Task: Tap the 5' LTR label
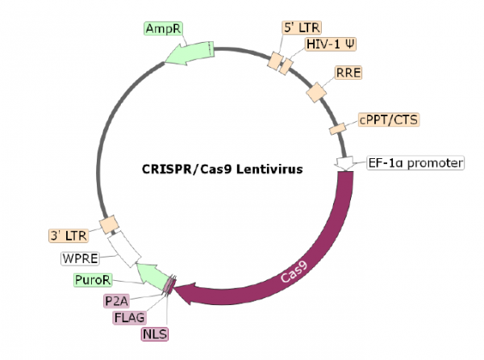point(298,27)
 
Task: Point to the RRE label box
point(348,73)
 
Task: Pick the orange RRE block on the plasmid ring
point(315,92)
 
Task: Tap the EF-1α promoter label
point(415,163)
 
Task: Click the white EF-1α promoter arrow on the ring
point(346,163)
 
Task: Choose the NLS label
point(151,333)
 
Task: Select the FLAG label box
point(131,317)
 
